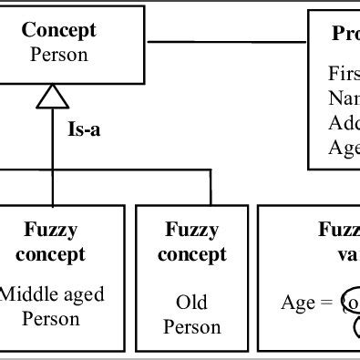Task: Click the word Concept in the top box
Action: point(58,30)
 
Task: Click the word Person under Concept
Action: point(59,55)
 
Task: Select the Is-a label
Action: point(85,129)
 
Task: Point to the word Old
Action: point(191,302)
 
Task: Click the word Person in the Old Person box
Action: point(191,326)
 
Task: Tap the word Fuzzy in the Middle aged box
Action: point(51,230)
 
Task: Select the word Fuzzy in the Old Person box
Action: point(191,230)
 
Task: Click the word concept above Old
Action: point(191,254)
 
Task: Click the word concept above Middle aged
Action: point(51,254)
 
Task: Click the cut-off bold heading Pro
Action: point(345,34)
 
